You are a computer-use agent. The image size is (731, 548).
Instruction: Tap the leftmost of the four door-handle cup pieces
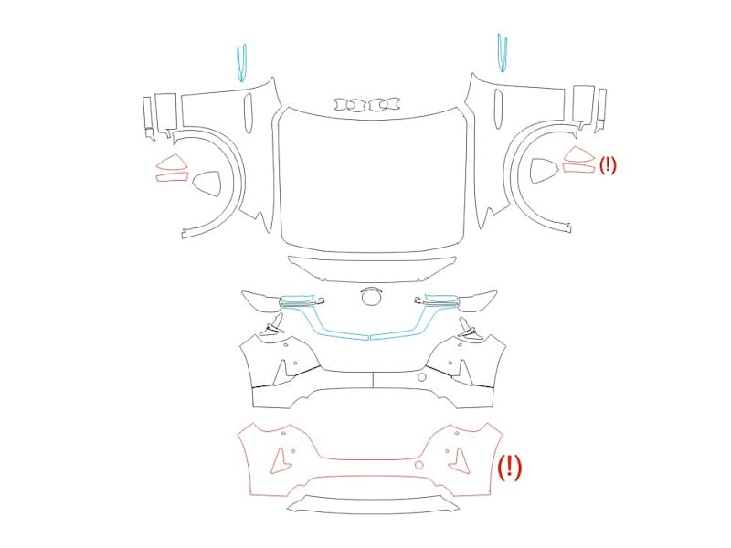[344, 104]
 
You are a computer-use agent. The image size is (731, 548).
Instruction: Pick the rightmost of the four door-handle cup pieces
[391, 104]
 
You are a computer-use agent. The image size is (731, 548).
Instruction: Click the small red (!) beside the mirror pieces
[608, 165]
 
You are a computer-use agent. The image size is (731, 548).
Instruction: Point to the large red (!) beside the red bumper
[510, 468]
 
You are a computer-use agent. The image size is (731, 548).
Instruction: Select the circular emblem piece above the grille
[372, 296]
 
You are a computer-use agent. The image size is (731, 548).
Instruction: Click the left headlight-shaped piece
[261, 300]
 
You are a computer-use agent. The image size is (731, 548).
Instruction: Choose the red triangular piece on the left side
[172, 163]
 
